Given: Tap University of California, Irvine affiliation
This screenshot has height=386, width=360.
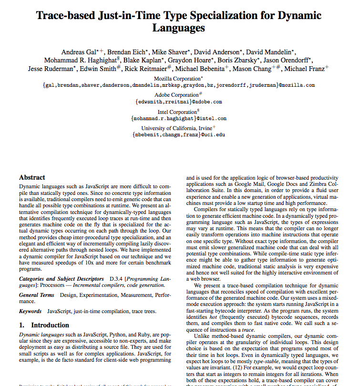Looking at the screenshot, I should pyautogui.click(x=177, y=128).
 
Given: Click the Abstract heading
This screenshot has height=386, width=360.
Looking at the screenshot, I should pyautogui.click(x=32, y=177).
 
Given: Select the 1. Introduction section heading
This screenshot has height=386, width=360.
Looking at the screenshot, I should pyautogui.click(x=44, y=325).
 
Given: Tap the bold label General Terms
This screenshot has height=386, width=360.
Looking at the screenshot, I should pyautogui.click(x=37, y=295).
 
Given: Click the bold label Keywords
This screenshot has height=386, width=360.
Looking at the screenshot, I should pyautogui.click(x=30, y=311).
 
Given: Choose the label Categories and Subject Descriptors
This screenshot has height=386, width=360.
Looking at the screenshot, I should pyautogui.click(x=61, y=279).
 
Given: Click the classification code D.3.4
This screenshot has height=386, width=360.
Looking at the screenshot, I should pyautogui.click(x=117, y=279).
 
